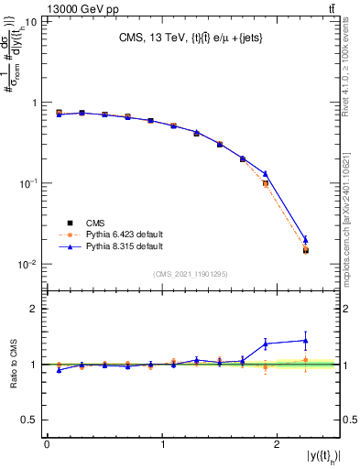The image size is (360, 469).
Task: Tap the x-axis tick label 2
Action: coord(279,444)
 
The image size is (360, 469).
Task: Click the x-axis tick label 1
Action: coord(163,444)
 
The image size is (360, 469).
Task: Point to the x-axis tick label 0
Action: coord(47,444)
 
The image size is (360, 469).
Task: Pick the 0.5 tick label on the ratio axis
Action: coord(30,420)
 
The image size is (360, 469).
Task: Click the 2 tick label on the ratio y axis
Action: coord(35,309)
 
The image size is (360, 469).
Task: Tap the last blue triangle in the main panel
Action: coord(306,240)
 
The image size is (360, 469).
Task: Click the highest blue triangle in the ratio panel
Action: coord(306,340)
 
